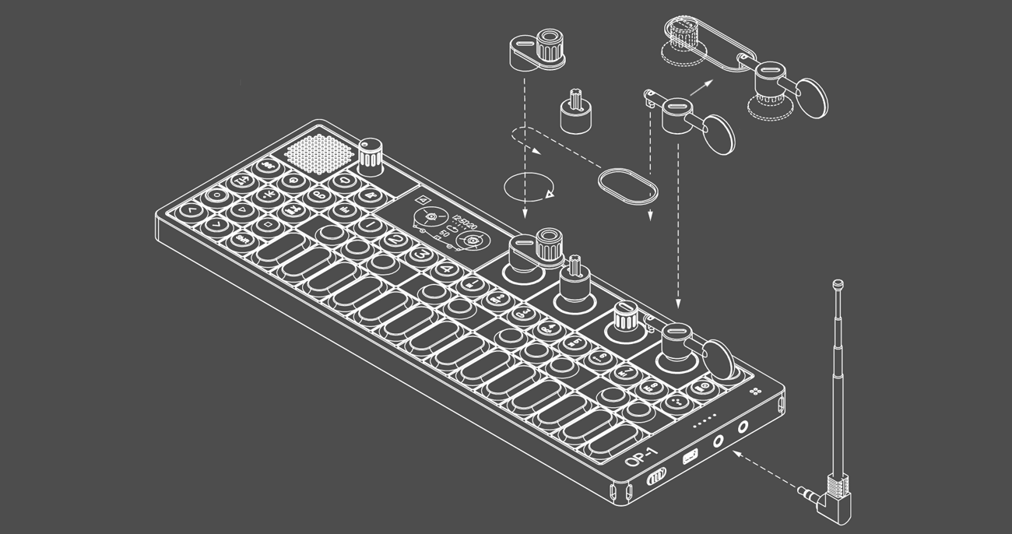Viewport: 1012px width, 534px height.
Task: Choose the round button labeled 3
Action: pos(420,254)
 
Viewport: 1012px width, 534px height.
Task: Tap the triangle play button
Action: pos(241,209)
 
